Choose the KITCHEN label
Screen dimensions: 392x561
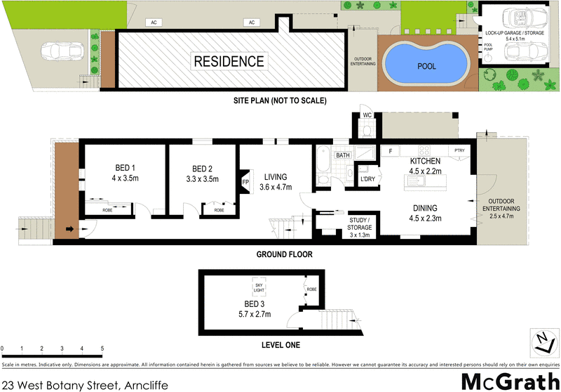(x=425, y=161)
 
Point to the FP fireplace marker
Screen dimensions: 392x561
(x=245, y=181)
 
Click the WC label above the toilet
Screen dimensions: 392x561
(x=367, y=116)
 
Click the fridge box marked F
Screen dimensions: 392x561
(x=390, y=150)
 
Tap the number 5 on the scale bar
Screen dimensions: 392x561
(x=102, y=348)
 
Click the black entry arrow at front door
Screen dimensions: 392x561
(x=70, y=228)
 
